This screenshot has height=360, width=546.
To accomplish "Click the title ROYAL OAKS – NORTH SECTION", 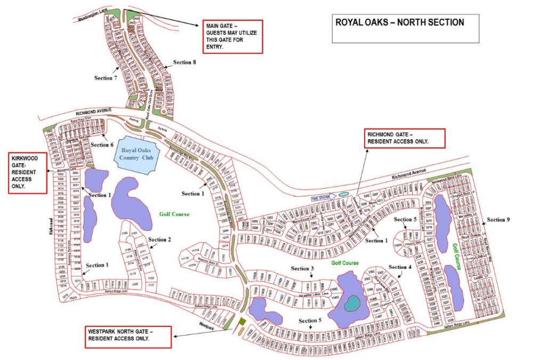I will (399, 23).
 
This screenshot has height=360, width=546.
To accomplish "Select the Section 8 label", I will (184, 62).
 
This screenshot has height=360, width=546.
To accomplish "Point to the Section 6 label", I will (102, 145).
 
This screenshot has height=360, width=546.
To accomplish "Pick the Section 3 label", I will (303, 268).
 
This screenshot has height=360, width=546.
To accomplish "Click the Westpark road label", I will (207, 325).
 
